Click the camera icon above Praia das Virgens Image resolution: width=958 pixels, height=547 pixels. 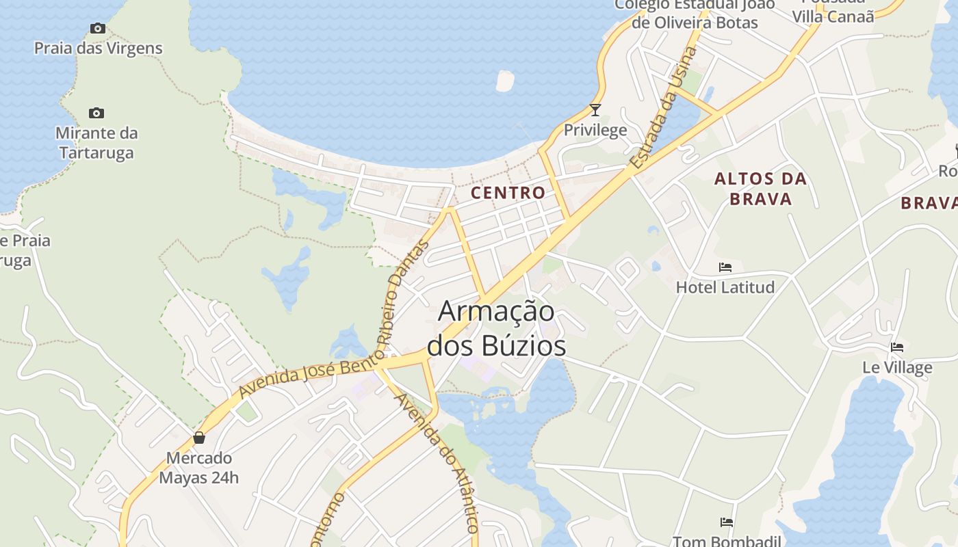coord(98,28)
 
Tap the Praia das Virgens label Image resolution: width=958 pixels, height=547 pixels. coord(99,48)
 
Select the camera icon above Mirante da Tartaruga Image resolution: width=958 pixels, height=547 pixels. coord(96,113)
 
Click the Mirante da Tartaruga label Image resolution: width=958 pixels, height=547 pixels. coord(96,142)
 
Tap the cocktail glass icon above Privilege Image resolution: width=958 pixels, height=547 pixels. coord(595,109)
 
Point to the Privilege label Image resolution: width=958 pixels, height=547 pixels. coord(595,130)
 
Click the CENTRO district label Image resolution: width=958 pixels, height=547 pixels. coord(508,193)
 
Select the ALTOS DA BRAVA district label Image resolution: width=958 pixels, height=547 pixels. coord(761,189)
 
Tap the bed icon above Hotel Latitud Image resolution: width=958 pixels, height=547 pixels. coord(725,267)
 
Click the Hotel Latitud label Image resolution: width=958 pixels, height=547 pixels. coord(725,287)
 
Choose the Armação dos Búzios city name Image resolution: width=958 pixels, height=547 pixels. coord(497,328)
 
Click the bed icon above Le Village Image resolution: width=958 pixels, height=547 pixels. coord(897,347)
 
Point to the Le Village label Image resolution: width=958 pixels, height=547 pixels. coord(897,367)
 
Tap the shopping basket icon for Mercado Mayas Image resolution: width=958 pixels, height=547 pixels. coord(199,438)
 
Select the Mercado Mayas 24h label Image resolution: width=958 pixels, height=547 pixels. coord(199,468)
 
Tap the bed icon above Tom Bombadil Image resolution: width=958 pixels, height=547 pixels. coord(727,522)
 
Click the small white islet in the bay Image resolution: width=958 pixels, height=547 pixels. coord(504,81)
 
